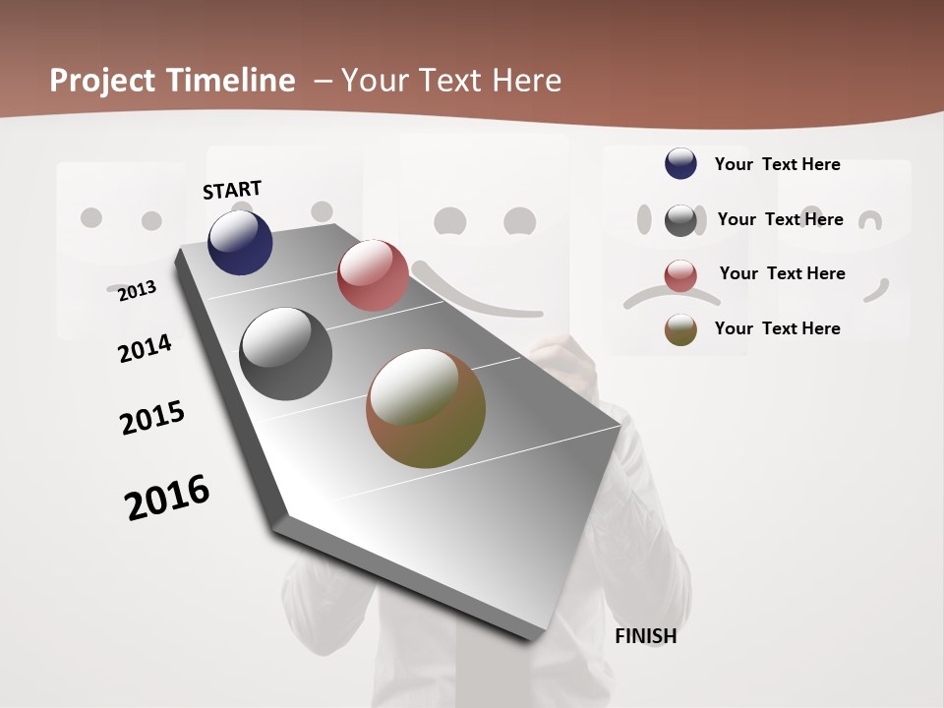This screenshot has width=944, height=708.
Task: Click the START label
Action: point(232,190)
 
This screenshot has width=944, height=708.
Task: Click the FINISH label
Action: point(646,636)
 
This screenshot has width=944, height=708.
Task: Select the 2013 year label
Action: point(137,290)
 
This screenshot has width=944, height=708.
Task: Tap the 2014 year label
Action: point(145,348)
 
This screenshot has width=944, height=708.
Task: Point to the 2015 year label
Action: point(152,418)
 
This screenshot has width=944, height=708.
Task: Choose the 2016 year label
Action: point(167,498)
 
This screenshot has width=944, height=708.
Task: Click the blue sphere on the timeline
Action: point(240,243)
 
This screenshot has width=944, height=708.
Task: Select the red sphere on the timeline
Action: point(373,275)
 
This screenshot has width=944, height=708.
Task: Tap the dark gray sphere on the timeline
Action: point(286,354)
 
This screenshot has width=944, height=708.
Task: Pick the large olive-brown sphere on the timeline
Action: point(426,408)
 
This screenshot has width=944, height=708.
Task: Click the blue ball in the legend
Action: point(680,163)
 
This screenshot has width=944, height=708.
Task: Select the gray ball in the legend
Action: point(680,220)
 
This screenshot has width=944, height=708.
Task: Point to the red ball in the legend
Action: point(680,275)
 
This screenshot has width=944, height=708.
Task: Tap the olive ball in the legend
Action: point(680,329)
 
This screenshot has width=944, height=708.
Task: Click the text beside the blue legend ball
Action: point(777,164)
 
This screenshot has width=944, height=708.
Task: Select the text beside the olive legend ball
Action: point(777,328)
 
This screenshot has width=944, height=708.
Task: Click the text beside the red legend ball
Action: point(782,273)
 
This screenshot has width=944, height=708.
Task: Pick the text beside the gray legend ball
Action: point(780,219)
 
